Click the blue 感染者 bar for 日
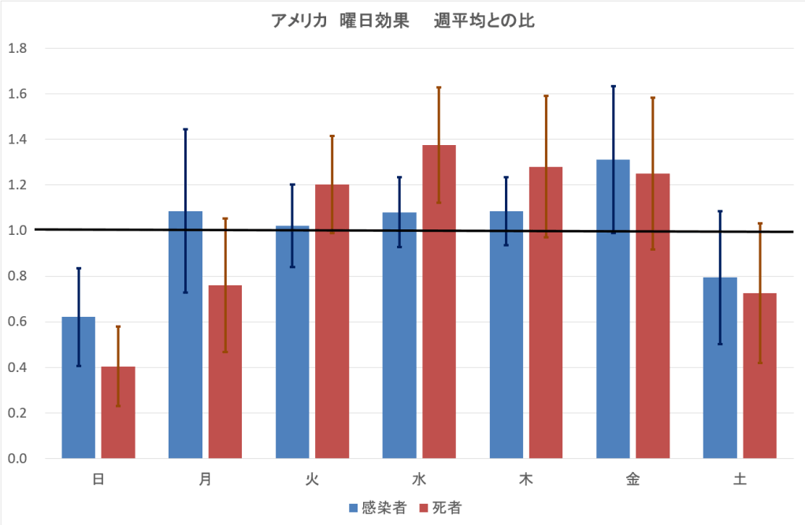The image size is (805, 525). (x=79, y=387)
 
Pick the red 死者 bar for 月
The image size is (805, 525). (x=225, y=371)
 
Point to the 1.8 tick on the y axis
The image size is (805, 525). (x=17, y=48)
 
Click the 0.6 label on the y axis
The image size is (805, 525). (x=17, y=322)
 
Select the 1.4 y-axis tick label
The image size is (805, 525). (x=17, y=140)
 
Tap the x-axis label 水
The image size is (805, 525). (x=419, y=479)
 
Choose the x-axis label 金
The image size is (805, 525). (x=632, y=479)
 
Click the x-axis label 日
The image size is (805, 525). (x=98, y=479)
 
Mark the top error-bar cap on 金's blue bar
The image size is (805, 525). (x=613, y=86)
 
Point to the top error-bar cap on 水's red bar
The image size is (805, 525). (x=439, y=87)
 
